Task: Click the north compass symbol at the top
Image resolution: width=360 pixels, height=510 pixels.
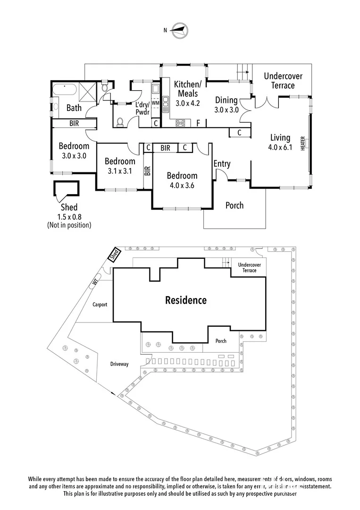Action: point(180,30)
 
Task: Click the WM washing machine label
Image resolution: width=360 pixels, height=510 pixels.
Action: point(156,102)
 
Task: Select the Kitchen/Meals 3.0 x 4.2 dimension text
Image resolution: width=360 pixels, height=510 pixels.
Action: point(188,102)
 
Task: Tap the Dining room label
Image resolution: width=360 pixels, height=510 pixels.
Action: point(226,100)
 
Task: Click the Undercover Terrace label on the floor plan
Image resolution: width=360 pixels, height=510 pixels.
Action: point(283,81)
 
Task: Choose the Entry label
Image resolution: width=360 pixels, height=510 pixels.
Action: point(222,164)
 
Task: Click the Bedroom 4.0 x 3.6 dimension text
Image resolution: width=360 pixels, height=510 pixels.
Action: point(182,185)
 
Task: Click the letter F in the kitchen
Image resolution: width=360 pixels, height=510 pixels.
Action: point(199,123)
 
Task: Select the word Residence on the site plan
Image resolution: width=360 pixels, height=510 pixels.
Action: point(185,300)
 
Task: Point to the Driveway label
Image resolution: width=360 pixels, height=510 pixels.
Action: point(119,364)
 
